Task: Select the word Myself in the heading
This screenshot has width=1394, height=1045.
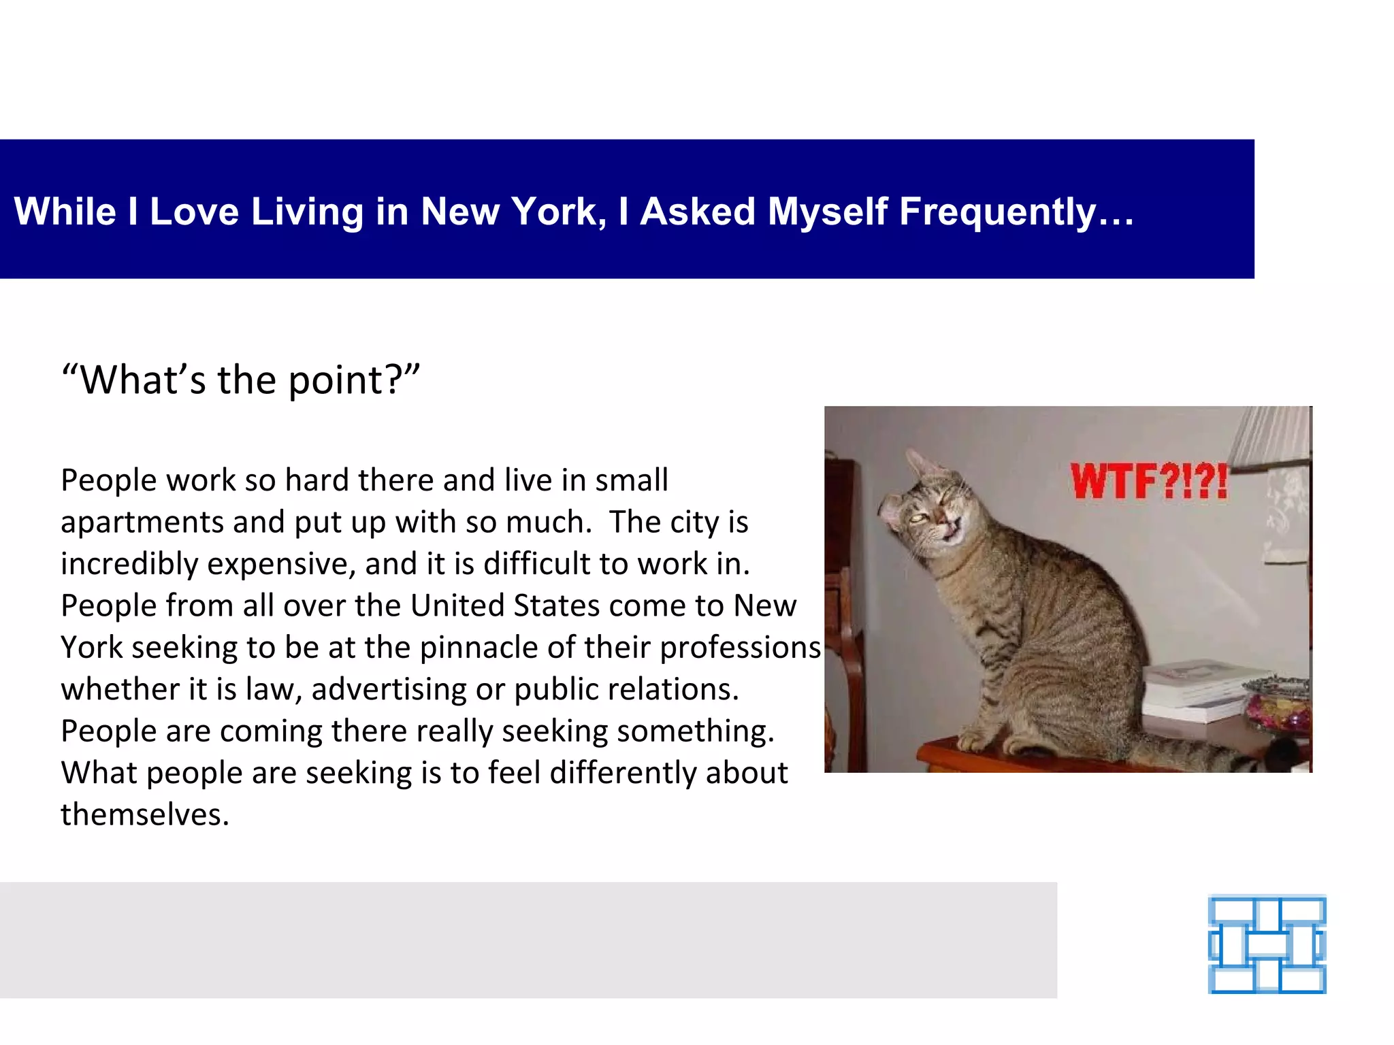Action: point(827,212)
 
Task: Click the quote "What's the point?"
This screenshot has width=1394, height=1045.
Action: point(240,380)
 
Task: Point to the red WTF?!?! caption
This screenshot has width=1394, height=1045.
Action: point(1148,482)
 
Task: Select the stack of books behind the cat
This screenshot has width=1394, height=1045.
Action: point(1191,691)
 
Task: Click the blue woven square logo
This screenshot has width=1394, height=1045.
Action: point(1267,945)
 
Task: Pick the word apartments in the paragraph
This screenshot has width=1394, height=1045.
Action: point(142,522)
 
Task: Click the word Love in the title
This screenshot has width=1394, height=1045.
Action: point(194,212)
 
